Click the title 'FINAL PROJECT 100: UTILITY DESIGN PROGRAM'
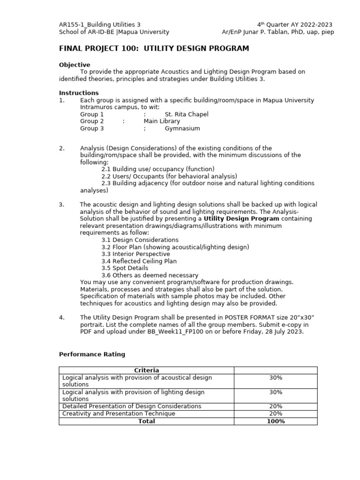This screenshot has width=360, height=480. click(x=154, y=49)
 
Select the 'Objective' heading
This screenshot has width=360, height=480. click(x=75, y=65)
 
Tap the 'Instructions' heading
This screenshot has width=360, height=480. click(x=79, y=93)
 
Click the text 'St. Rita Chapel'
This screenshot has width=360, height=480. click(x=187, y=114)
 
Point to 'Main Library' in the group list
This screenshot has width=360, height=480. click(x=162, y=121)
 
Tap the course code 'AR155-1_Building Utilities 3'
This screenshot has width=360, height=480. click(x=99, y=24)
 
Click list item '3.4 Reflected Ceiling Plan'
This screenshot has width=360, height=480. click(x=139, y=261)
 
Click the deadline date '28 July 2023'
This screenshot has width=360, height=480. click(x=285, y=331)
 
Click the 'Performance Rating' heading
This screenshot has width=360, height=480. click(x=92, y=354)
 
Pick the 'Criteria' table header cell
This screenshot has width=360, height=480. click(x=147, y=370)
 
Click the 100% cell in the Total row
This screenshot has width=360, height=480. click(x=276, y=421)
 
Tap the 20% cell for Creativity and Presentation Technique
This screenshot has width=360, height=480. click(x=276, y=413)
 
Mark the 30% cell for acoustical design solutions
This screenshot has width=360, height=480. click(x=276, y=377)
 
